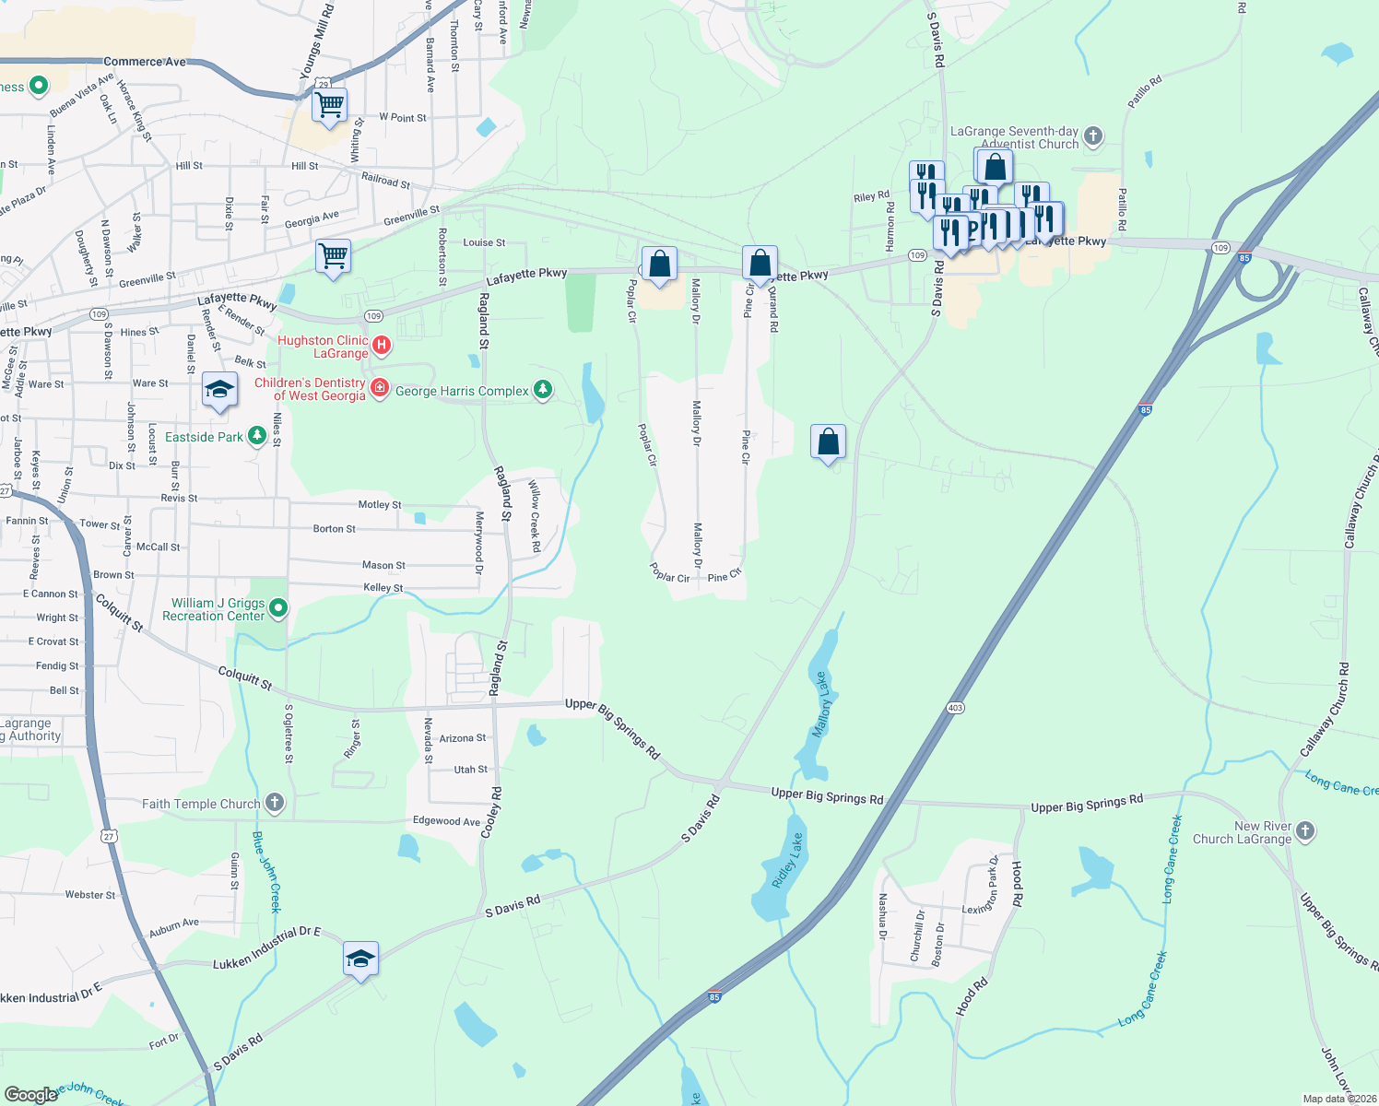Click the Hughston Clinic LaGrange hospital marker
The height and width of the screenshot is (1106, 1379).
click(x=382, y=346)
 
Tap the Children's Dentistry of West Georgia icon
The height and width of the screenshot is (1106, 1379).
click(x=379, y=387)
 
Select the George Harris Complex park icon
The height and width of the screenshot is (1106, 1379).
click(x=543, y=391)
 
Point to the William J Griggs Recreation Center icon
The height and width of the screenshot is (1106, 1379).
click(x=278, y=608)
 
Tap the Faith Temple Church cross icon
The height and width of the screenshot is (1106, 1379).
click(x=275, y=803)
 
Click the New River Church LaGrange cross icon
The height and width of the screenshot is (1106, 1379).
click(x=1304, y=831)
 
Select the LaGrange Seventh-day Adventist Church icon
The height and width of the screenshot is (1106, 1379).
click(x=1092, y=137)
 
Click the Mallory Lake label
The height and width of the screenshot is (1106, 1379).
click(x=821, y=705)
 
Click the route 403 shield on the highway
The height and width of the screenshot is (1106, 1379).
click(x=955, y=708)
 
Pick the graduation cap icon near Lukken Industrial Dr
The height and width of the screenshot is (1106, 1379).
click(x=360, y=959)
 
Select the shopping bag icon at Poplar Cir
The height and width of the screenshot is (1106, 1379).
click(x=659, y=265)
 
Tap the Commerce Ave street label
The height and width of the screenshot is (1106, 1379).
click(x=145, y=62)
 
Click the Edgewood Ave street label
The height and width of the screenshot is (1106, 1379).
click(x=446, y=820)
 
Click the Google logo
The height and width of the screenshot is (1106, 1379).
click(x=30, y=1094)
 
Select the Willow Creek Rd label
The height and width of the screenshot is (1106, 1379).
click(x=534, y=516)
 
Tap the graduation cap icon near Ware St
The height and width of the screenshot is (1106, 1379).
click(x=218, y=391)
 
